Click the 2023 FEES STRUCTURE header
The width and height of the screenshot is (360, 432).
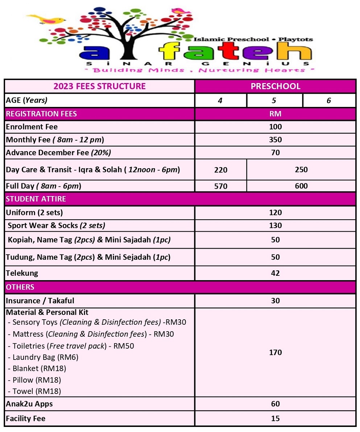click(x=99, y=86)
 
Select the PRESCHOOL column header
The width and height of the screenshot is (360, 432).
click(x=275, y=86)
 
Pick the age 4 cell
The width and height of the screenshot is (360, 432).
click(x=220, y=100)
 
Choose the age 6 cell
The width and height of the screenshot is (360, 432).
click(x=328, y=100)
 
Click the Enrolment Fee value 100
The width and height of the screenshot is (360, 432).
click(x=275, y=127)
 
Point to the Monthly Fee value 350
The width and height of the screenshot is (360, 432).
click(x=275, y=140)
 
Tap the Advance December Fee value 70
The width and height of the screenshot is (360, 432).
click(x=275, y=153)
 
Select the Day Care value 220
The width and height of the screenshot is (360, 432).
click(x=220, y=170)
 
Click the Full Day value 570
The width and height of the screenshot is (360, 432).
click(x=220, y=186)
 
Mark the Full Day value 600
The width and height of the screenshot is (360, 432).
click(x=301, y=186)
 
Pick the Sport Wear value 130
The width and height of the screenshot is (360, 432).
click(x=275, y=225)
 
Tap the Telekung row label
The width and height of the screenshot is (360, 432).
click(x=22, y=273)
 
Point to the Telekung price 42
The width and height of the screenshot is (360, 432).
click(x=275, y=273)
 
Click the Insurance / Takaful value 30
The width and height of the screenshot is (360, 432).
click(x=275, y=300)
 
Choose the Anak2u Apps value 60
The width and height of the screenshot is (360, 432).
click(x=275, y=404)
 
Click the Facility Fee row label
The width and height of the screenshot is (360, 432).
click(x=26, y=418)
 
